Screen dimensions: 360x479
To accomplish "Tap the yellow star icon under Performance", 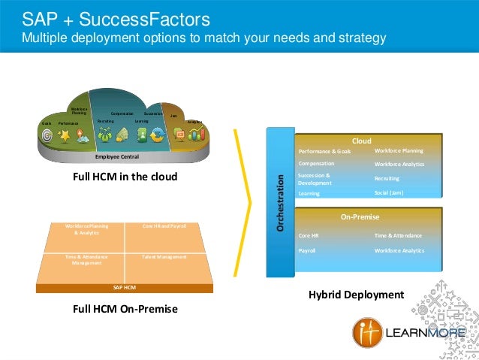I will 65,135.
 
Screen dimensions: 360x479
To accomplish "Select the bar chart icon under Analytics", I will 197,135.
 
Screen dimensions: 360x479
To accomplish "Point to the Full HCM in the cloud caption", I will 124,177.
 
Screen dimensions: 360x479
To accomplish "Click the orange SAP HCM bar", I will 124,287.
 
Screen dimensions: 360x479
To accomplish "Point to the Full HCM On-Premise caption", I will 125,308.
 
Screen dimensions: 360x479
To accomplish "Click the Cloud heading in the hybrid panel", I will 362,141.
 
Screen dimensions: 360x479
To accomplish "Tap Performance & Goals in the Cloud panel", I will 324,151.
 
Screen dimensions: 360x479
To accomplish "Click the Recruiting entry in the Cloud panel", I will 387,179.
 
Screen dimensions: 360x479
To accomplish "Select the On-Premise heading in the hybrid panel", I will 361,217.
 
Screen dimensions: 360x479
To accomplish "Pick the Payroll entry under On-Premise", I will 307,250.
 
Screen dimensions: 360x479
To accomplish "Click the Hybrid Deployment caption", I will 356,294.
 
